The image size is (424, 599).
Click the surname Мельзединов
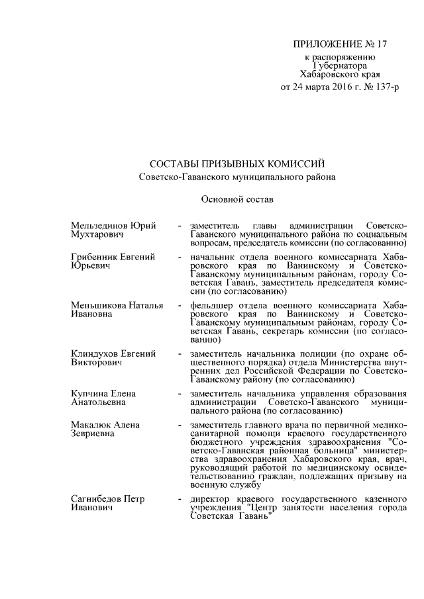point(100,226)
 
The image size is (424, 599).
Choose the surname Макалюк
point(90,425)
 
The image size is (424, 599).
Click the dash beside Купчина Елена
point(180,393)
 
